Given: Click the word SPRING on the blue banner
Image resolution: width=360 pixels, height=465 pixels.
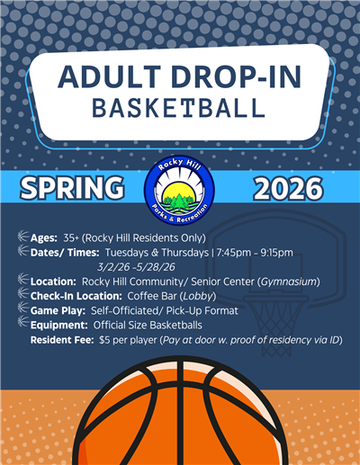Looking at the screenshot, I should [x=74, y=188].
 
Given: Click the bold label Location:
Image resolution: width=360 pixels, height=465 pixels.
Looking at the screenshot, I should [x=53, y=282].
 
